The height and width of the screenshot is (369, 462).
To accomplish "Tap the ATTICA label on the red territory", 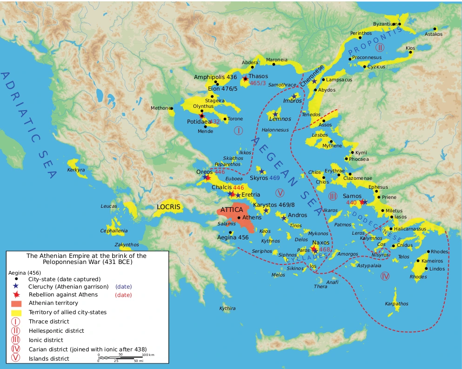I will point(232,210).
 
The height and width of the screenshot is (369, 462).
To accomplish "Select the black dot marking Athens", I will point(239,217).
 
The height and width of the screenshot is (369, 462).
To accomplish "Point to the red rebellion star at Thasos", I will point(245,79).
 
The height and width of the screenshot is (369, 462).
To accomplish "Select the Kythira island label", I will point(228,308).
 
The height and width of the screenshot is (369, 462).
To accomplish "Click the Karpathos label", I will point(396,304).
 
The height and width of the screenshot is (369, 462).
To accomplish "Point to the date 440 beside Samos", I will point(352,203).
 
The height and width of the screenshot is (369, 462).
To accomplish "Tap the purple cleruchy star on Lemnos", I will point(275,114).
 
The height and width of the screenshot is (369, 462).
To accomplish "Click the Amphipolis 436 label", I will point(215,77).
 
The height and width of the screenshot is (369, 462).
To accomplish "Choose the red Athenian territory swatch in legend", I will point(15,303).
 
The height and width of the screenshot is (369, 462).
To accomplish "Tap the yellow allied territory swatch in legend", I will point(15,312).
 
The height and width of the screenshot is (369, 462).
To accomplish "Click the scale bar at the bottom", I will point(124,357).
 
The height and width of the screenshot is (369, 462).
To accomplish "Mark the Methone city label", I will point(160,108).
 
